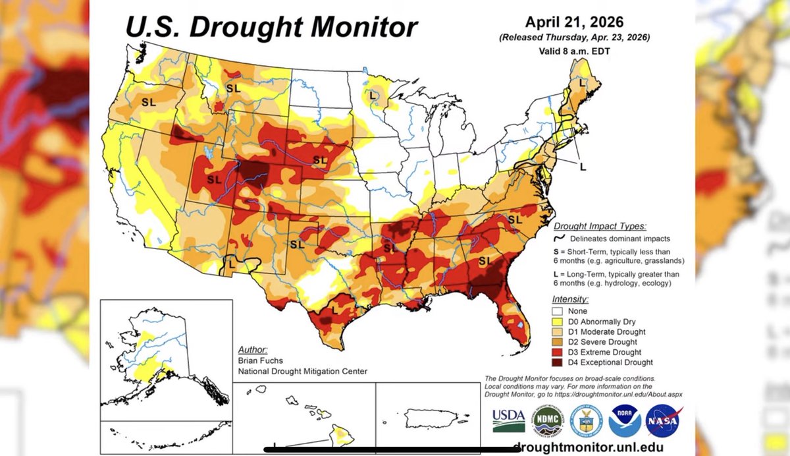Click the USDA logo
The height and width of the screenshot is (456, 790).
[x=508, y=420]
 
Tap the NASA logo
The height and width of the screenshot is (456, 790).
[x=663, y=420]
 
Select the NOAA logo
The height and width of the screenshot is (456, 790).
[x=625, y=420]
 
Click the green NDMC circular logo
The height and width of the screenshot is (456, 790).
[x=548, y=420]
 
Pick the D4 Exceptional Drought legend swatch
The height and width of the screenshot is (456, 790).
[x=557, y=362]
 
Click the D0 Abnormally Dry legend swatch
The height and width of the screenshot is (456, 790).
[x=557, y=322]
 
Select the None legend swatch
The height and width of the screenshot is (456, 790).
[x=557, y=311]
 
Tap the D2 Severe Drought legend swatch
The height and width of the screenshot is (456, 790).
[x=557, y=342]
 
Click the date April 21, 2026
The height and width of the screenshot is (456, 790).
[x=574, y=22]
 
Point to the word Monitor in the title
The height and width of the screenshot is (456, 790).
[x=364, y=27]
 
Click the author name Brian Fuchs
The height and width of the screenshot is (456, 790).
[x=260, y=360]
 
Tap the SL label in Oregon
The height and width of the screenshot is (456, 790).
[x=149, y=102]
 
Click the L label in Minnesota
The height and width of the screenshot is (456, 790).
[x=373, y=96]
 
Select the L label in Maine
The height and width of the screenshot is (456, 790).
[x=582, y=83]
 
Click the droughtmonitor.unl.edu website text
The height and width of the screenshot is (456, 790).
[x=588, y=447]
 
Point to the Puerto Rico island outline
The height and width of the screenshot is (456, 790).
[x=431, y=418]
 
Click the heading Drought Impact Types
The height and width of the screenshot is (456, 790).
[x=600, y=226]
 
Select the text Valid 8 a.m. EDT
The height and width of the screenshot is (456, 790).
[x=574, y=51]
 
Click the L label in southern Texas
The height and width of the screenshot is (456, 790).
[x=334, y=310]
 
